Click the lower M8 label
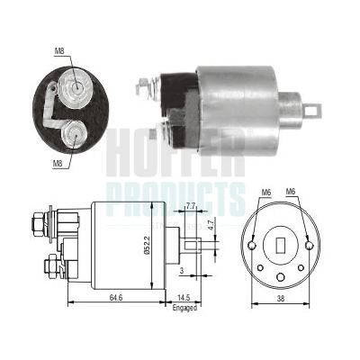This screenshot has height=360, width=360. (58, 163)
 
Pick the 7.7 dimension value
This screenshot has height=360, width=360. (190, 206)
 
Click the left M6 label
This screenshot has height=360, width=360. (266, 192)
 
